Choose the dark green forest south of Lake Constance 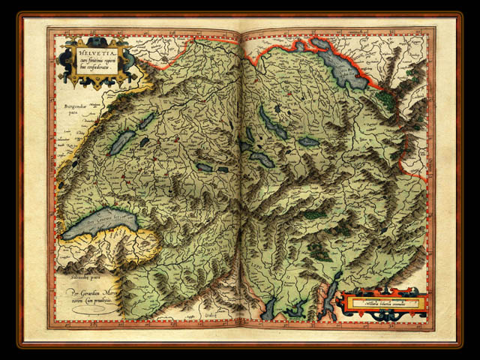[385, 97]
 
